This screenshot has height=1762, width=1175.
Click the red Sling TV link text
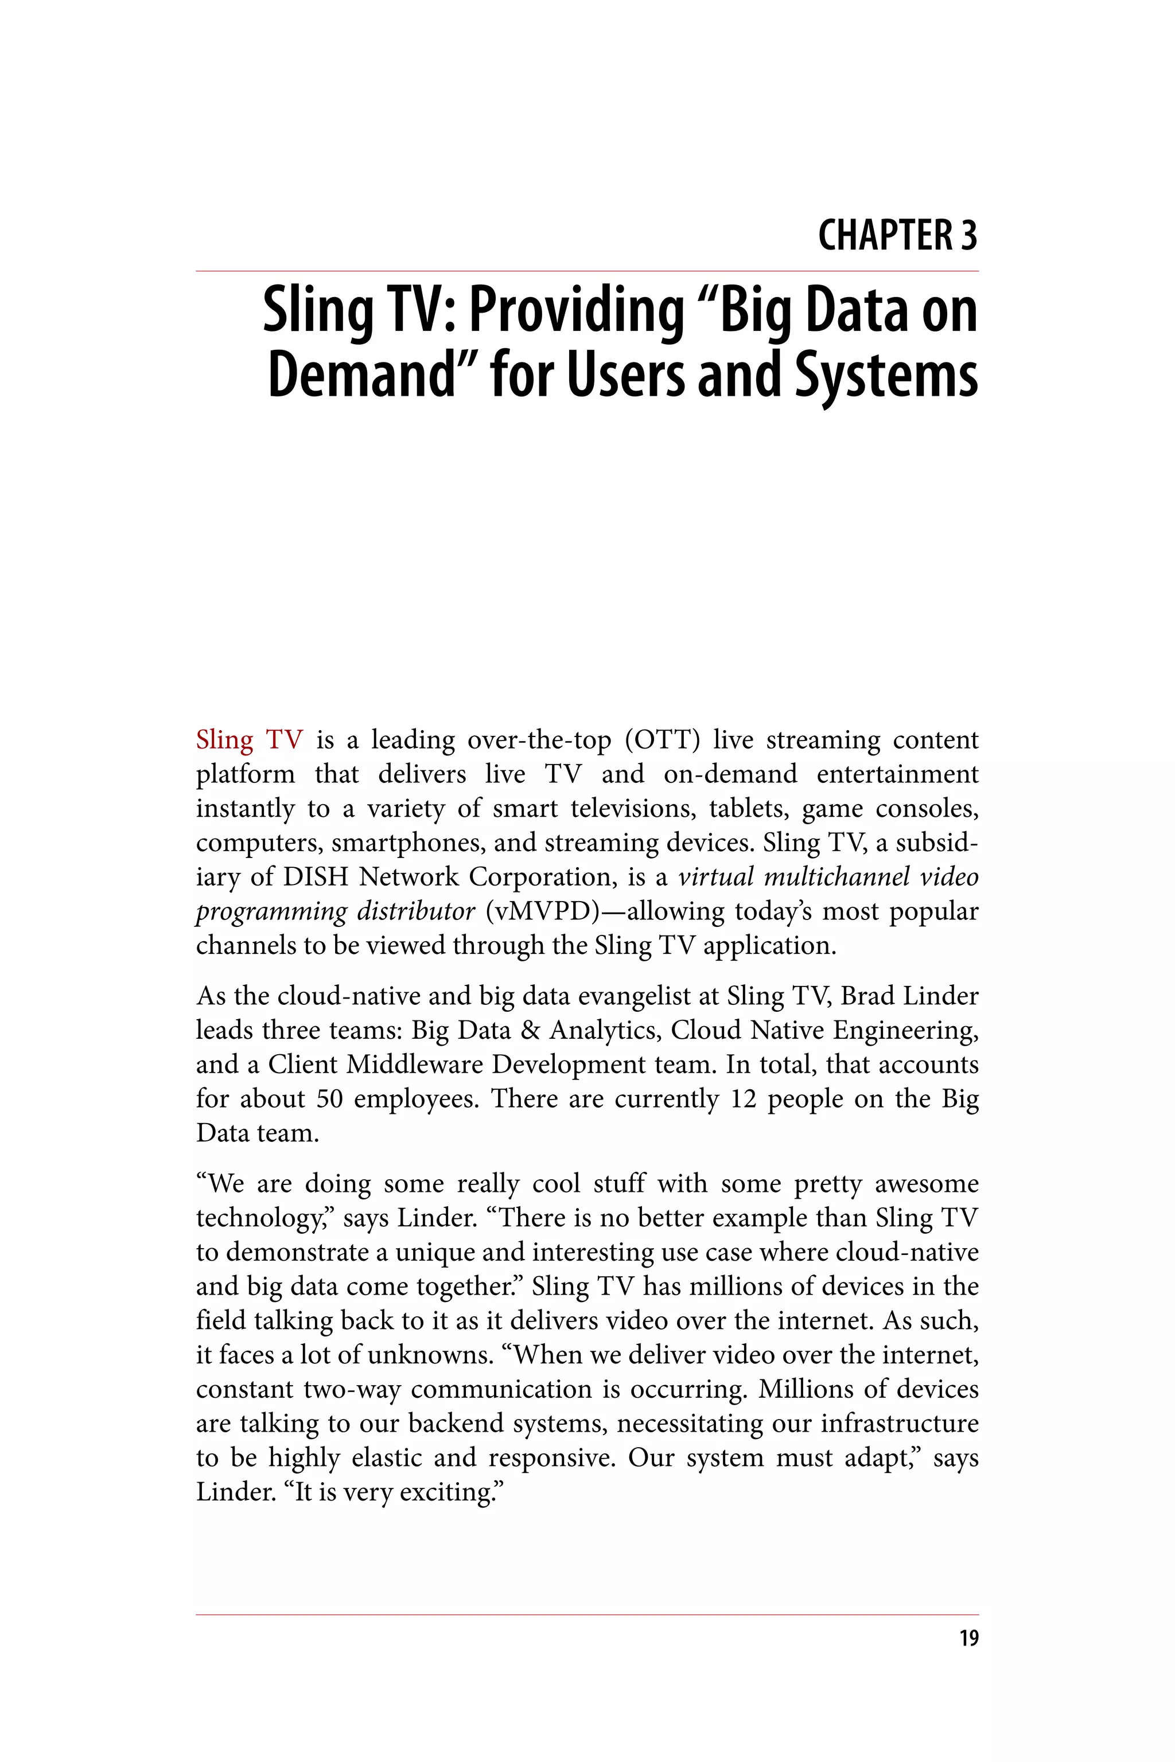click(x=249, y=740)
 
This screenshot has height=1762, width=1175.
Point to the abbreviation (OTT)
click(x=663, y=740)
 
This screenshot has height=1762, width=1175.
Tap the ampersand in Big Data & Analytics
click(x=529, y=1031)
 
